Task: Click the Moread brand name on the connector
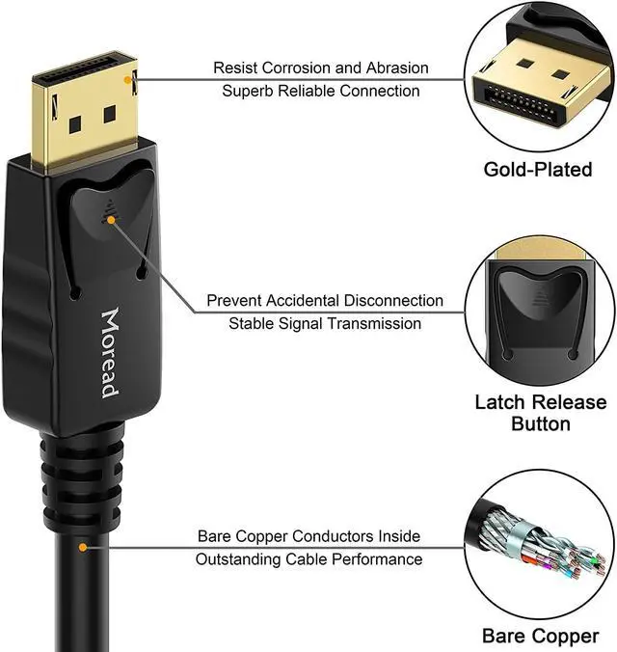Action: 111,353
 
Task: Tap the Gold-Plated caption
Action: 538,170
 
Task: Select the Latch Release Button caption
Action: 541,413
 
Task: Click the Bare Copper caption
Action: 540,637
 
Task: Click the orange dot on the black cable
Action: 83,547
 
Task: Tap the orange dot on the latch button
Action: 111,220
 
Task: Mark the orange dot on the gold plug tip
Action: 127,79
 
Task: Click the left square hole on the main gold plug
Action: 75,124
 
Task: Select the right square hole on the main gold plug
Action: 110,114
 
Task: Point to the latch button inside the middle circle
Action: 539,297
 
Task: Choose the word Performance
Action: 377,559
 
